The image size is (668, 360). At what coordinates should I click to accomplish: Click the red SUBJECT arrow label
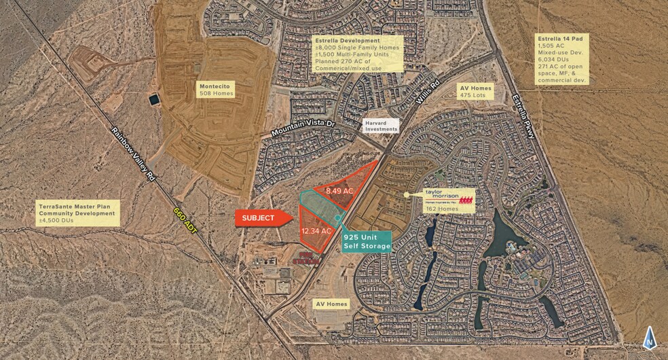click(261, 218)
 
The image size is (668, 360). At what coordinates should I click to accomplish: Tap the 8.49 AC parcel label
click(339, 191)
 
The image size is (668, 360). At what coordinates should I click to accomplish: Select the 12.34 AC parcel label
click(317, 231)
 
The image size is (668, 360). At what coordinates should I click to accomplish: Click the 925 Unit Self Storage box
click(367, 241)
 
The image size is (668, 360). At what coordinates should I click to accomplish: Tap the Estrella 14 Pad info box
click(561, 60)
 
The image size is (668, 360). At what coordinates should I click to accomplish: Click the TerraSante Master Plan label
click(78, 213)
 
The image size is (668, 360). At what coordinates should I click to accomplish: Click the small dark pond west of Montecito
click(155, 98)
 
